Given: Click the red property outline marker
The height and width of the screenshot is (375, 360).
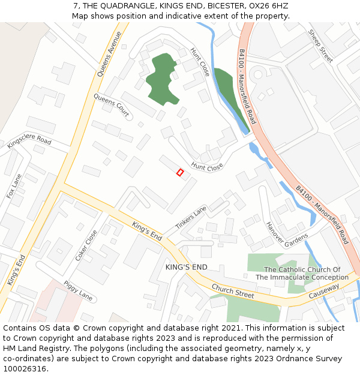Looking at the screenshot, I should (180, 172).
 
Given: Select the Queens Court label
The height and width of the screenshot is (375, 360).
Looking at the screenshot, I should (111, 105).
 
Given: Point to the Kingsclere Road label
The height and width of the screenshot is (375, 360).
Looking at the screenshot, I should (29, 142).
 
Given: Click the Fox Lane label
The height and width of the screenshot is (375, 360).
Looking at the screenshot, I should (14, 186).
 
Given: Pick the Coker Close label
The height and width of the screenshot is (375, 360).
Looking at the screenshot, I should (86, 245).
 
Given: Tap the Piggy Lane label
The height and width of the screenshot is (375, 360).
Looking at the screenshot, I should (79, 292).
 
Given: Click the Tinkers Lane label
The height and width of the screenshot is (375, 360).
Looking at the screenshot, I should (191, 217).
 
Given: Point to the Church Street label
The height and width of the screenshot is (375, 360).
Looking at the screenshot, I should (232, 291).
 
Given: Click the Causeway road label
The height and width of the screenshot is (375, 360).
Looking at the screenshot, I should (323, 292).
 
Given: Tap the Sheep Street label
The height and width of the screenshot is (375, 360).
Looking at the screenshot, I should (320, 46).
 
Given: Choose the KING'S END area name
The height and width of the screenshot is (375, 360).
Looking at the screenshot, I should (186, 266).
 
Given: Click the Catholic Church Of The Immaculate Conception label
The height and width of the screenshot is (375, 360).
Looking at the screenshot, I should (302, 274).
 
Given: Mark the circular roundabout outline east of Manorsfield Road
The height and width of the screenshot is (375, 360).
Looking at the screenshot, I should (259, 74).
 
